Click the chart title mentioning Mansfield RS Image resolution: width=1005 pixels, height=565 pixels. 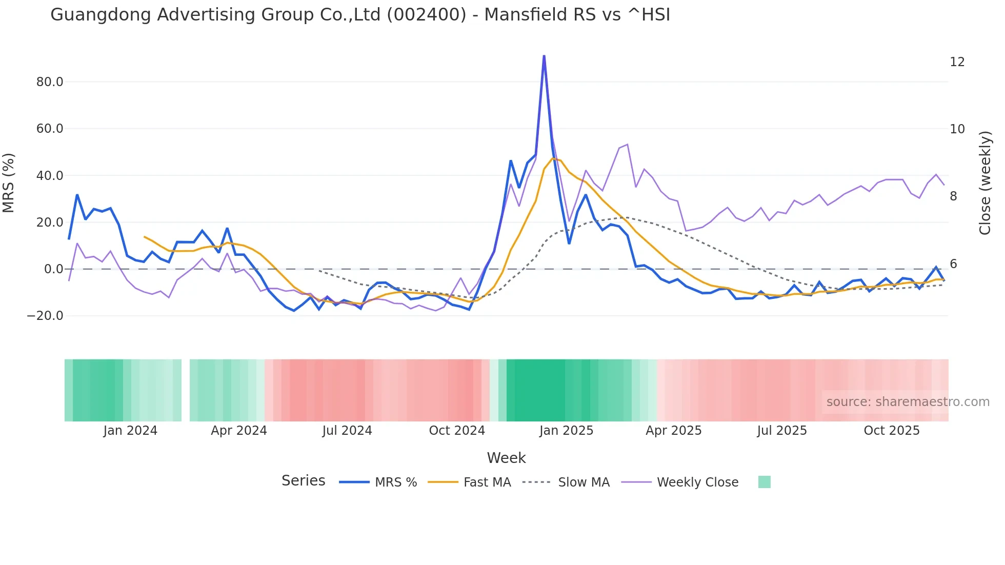click(360, 14)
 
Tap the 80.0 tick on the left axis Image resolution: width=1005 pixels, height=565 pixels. click(50, 82)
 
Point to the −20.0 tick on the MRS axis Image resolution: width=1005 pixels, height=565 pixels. click(45, 316)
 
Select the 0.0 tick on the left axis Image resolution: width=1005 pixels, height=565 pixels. click(53, 269)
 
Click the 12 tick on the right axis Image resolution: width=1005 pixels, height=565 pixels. click(957, 62)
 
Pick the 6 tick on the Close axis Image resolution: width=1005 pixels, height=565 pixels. click(953, 264)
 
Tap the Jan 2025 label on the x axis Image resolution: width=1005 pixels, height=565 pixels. click(566, 431)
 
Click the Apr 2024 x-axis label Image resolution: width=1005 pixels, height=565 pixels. click(239, 431)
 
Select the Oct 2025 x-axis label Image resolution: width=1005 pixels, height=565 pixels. click(892, 431)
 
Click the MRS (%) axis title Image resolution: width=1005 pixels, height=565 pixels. click(9, 183)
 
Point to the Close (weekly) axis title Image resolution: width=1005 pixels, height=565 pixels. click(985, 183)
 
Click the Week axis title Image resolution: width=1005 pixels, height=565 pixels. click(506, 458)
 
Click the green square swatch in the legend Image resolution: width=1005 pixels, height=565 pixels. click(764, 482)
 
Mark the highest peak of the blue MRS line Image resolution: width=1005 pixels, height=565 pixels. click(544, 56)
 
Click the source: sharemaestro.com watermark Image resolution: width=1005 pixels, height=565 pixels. click(908, 402)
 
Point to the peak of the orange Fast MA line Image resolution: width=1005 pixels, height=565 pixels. click(553, 158)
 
